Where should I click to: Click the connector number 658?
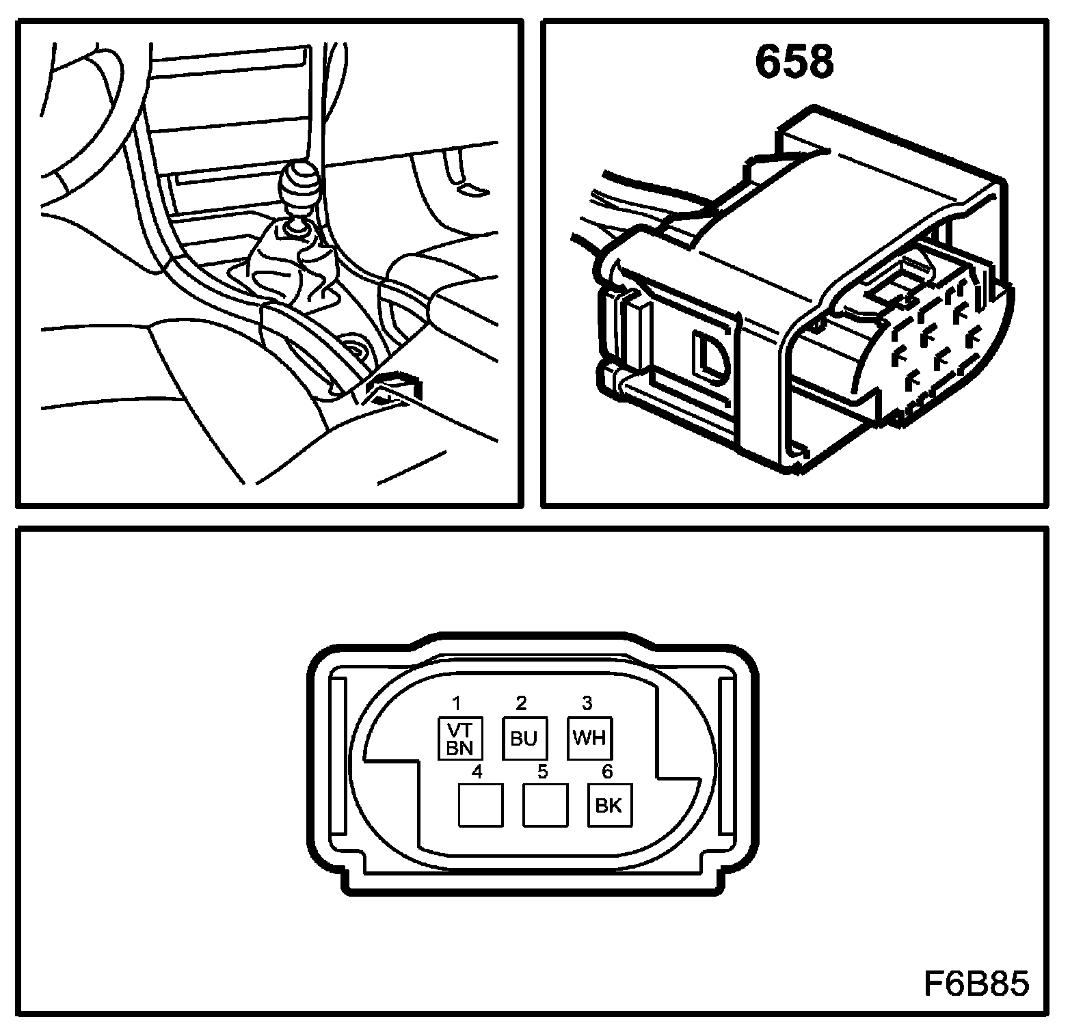794,62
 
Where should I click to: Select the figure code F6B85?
976,985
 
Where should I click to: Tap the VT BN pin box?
460,738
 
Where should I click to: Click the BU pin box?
524,738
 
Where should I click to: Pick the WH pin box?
589,738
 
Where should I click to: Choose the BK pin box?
609,805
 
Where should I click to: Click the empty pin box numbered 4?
481,805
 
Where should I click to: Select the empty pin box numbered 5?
545,805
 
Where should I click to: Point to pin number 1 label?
457,703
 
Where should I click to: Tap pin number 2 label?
522,703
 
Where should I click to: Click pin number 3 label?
587,703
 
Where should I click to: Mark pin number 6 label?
606,772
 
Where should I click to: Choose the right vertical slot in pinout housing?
727,757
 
